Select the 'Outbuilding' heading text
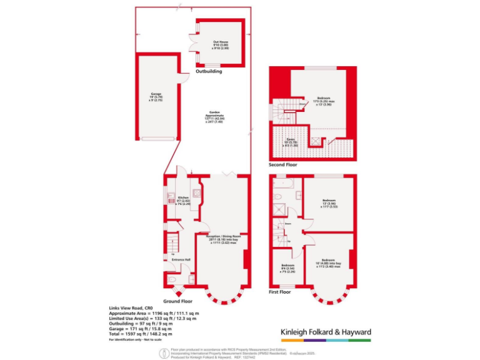pos(209,71)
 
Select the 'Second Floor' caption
pos(283,165)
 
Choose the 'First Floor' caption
pos(281,292)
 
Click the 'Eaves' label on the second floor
pos(291,142)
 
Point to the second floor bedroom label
pos(324,101)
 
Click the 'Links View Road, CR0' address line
pos(131,308)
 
